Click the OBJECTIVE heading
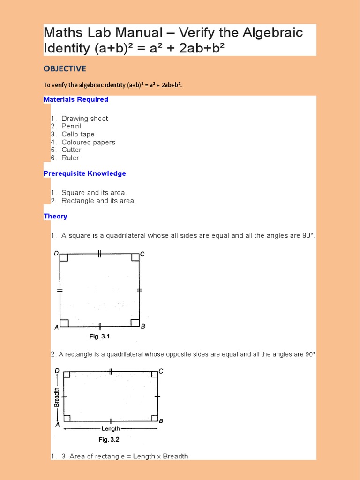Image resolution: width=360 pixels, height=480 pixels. coord(65,69)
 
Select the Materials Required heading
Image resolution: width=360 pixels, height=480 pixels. coord(75,99)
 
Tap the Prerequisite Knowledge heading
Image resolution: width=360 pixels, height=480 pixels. coord(84,173)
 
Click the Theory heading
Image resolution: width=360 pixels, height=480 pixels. coord(55,216)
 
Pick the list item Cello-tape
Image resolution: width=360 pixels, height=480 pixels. coord(78,134)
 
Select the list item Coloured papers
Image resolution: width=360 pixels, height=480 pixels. coord(88,142)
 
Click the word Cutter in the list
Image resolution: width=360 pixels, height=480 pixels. coord(71,150)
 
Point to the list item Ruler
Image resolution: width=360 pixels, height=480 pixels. coord(70,158)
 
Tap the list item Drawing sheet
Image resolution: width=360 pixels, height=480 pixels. coord(84,119)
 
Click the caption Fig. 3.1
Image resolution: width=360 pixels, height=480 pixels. coord(99,337)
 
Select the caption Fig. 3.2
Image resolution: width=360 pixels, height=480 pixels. coord(109,440)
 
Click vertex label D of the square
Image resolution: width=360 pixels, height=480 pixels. coord(56,254)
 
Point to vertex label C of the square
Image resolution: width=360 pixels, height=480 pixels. coord(142,254)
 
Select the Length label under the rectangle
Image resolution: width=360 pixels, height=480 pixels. coord(111,428)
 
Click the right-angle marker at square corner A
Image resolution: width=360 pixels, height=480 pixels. coord(64,323)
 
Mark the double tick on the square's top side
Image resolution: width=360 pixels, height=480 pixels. coord(99,254)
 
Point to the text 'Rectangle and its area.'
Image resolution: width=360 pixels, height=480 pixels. coord(98,201)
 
